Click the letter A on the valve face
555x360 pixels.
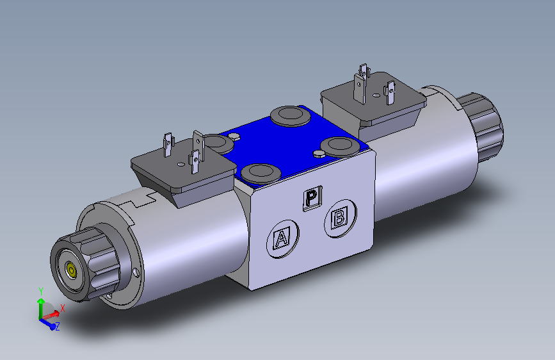point(280,239)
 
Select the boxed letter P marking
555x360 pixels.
point(311,198)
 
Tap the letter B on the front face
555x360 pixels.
point(339,218)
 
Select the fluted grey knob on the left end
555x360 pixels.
point(83,265)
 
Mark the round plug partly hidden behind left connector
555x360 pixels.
point(216,143)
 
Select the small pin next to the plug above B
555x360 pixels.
point(318,154)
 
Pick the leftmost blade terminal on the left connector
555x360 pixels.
point(168,144)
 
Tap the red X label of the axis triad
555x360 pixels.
point(63,307)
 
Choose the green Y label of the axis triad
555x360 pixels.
point(41,291)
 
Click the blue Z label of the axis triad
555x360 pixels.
point(58,327)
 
